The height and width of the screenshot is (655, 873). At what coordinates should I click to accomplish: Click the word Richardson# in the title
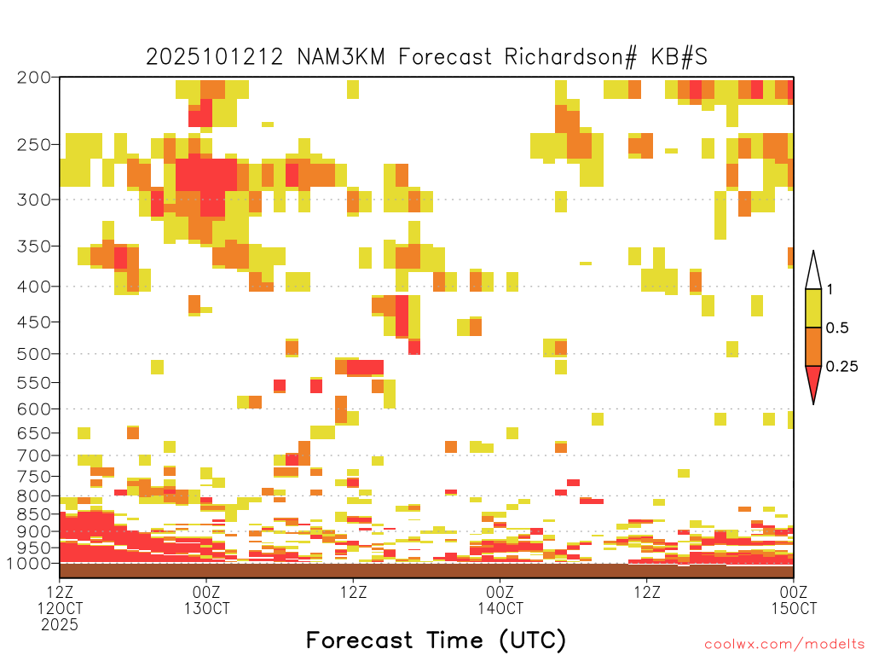coord(570,57)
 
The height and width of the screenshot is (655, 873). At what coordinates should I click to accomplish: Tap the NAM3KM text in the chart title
coord(341,57)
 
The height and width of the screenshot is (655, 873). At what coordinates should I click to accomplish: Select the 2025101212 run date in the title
coord(214,57)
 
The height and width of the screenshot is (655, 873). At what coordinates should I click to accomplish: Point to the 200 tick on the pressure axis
coord(34,78)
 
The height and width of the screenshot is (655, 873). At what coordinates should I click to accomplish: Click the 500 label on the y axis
coord(34,354)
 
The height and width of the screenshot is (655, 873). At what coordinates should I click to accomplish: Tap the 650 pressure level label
coord(34,432)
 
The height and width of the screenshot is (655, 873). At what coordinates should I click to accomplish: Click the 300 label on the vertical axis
coord(34,200)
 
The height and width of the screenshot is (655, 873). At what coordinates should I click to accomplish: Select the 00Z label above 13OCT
coord(206,592)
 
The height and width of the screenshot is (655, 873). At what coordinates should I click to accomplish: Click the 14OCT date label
coord(500,608)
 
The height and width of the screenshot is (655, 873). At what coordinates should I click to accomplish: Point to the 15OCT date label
coord(794,608)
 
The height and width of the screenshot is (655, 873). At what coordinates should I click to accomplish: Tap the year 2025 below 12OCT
coord(60,624)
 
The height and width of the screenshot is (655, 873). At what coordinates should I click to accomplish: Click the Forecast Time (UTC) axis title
coord(436,640)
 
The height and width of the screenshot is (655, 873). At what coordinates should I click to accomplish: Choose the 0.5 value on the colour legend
coord(837,327)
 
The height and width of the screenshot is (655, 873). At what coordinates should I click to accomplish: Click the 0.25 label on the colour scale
coord(841,366)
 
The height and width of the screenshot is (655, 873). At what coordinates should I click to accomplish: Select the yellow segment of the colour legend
coord(813,308)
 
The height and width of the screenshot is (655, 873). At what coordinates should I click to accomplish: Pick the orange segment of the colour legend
coord(813,346)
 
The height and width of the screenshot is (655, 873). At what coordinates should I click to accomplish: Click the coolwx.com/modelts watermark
coord(784,644)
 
